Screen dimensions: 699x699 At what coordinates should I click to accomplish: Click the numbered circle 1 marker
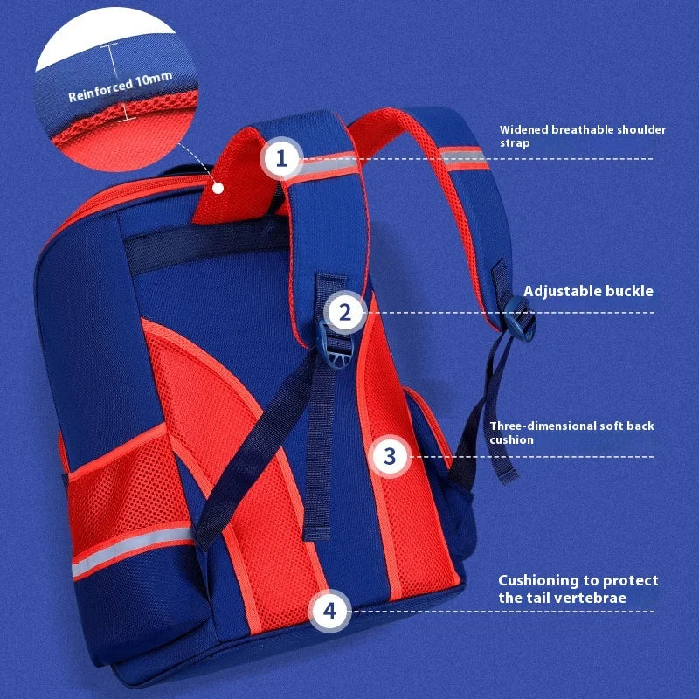[x=281, y=159]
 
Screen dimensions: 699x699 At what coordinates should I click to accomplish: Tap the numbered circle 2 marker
[x=345, y=313]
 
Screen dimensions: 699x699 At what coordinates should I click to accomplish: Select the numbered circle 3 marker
[x=390, y=456]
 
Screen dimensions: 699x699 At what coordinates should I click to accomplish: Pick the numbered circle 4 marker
[x=329, y=611]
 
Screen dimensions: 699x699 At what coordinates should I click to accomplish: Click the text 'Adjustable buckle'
[x=588, y=291]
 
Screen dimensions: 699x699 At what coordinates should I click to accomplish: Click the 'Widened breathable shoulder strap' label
[x=582, y=136]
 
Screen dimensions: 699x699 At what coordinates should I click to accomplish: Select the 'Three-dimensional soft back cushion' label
[x=571, y=433]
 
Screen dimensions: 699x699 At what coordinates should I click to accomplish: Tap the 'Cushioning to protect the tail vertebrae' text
[x=578, y=589]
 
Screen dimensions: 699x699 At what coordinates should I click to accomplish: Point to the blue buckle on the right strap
[x=520, y=319]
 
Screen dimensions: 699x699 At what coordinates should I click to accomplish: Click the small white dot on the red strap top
[x=218, y=188]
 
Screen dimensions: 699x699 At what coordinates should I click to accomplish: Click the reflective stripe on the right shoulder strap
[x=463, y=157]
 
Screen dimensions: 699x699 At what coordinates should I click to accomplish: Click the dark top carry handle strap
[x=205, y=246]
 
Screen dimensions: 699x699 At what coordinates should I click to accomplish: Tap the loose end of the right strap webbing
[x=504, y=464]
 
